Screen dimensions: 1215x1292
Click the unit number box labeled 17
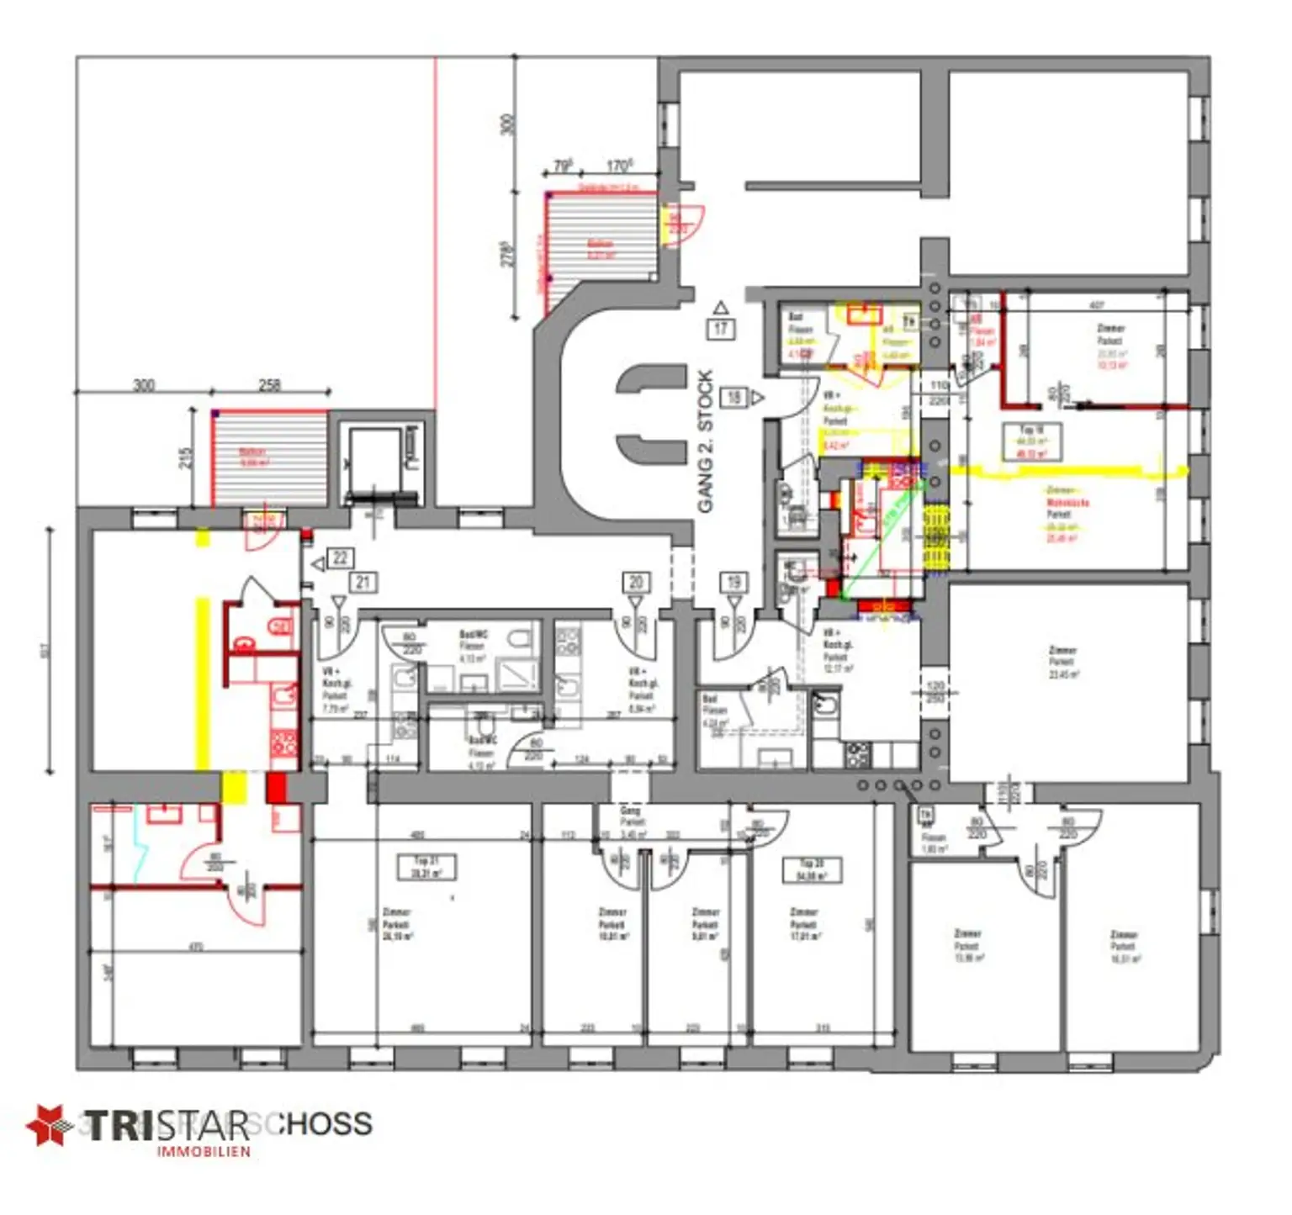(721, 329)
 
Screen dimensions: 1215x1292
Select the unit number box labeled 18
(734, 397)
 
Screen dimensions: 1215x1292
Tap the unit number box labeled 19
(733, 582)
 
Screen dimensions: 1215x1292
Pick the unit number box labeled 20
(636, 582)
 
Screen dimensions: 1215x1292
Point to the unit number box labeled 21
(363, 582)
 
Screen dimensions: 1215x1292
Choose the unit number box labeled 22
(340, 557)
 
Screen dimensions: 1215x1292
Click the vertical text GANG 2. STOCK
(705, 441)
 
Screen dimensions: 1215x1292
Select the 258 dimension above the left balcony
(269, 385)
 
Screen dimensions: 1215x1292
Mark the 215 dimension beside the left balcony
(187, 457)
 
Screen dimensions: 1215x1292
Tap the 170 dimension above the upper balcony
(620, 166)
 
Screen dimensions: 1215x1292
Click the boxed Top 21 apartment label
(427, 867)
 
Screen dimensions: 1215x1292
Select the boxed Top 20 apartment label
(812, 869)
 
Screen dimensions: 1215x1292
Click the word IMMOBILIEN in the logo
(204, 1151)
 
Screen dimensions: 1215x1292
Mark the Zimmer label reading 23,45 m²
(1063, 662)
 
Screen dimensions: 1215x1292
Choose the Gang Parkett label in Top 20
(631, 822)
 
